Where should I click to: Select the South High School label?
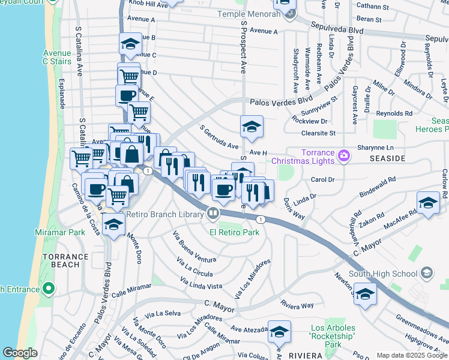383,274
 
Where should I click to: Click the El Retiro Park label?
234,232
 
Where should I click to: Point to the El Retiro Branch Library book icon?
212,214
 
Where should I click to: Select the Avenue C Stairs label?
58,56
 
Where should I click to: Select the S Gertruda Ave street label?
220,138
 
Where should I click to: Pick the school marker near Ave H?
252,126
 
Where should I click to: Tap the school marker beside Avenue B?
130,43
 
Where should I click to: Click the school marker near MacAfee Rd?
428,203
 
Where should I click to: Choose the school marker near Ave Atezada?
280,331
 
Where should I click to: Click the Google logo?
20,352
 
